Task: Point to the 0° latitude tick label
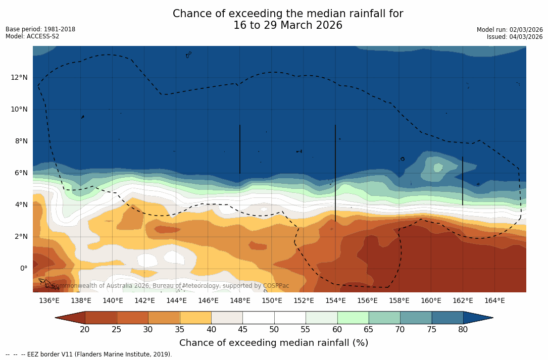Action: tap(24, 268)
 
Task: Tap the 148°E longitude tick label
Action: tap(240, 300)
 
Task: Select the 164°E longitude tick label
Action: tap(494, 300)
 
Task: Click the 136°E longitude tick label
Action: tap(49, 300)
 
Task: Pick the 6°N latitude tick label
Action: tap(21, 173)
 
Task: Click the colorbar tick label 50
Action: tap(274, 330)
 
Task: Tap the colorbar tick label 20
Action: tap(85, 330)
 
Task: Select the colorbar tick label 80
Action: tap(463, 330)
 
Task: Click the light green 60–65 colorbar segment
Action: tap(353, 318)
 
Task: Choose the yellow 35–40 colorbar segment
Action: tap(195, 318)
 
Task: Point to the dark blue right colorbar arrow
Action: tap(477, 318)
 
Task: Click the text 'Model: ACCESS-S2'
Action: tap(32, 36)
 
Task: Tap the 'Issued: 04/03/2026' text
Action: tap(515, 37)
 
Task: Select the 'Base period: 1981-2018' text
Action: tap(40, 29)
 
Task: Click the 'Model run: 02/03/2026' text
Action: tap(510, 30)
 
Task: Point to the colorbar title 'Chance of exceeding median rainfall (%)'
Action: tap(274, 343)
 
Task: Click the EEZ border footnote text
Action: tap(89, 354)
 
